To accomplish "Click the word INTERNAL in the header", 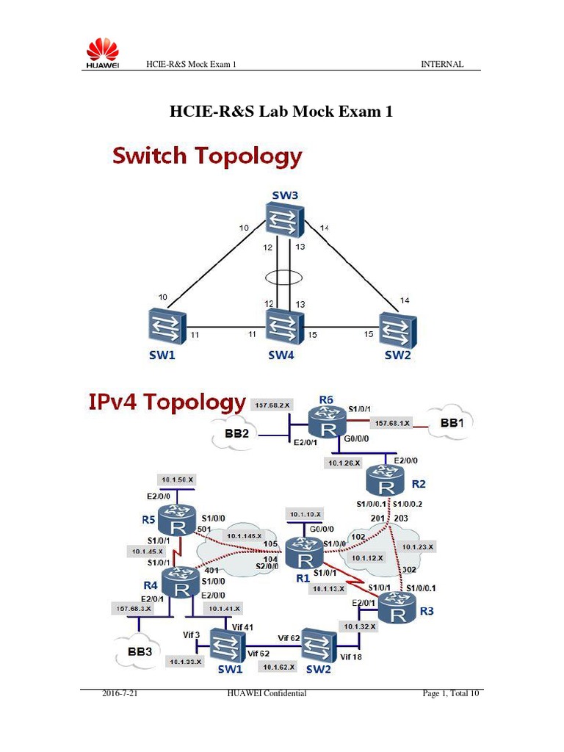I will [441, 65].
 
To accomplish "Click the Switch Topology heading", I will [206, 156].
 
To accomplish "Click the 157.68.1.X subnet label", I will [393, 422].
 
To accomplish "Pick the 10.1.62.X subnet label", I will [276, 667].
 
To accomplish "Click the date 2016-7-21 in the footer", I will [119, 693].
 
